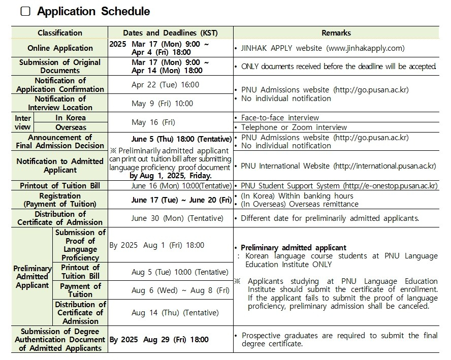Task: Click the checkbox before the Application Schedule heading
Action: pyautogui.click(x=25, y=11)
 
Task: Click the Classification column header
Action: pyautogui.click(x=59, y=32)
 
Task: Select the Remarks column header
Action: pyautogui.click(x=336, y=32)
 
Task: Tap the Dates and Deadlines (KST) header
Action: pyautogui.click(x=170, y=32)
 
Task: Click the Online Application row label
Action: pyautogui.click(x=60, y=48)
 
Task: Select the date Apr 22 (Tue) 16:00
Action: pyautogui.click(x=165, y=85)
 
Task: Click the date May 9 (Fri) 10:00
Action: pyautogui.click(x=162, y=104)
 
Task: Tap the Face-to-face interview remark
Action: pyautogui.click(x=280, y=117)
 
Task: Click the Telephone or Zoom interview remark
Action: pyautogui.click(x=294, y=127)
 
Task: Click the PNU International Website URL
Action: pyautogui.click(x=384, y=166)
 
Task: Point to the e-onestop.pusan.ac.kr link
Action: pyautogui.click(x=390, y=186)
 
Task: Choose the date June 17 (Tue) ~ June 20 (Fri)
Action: pyautogui.click(x=181, y=200)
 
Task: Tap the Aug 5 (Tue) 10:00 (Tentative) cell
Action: pyautogui.click(x=180, y=272)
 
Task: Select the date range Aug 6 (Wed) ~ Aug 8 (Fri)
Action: pyautogui.click(x=180, y=290)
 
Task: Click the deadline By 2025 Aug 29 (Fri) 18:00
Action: pyautogui.click(x=159, y=340)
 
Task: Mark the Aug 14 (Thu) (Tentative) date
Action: pyautogui.click(x=175, y=313)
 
